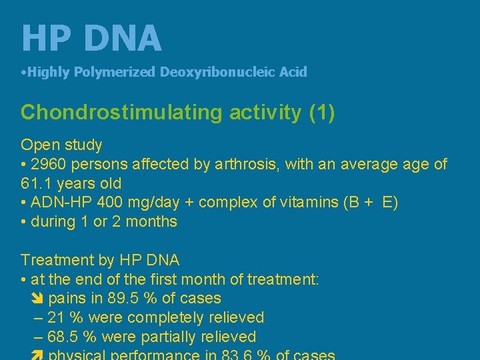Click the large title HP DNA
point(91,39)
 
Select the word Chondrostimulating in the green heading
point(123,112)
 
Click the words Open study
point(61,145)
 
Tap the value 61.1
point(37,183)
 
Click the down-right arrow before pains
point(38,299)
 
